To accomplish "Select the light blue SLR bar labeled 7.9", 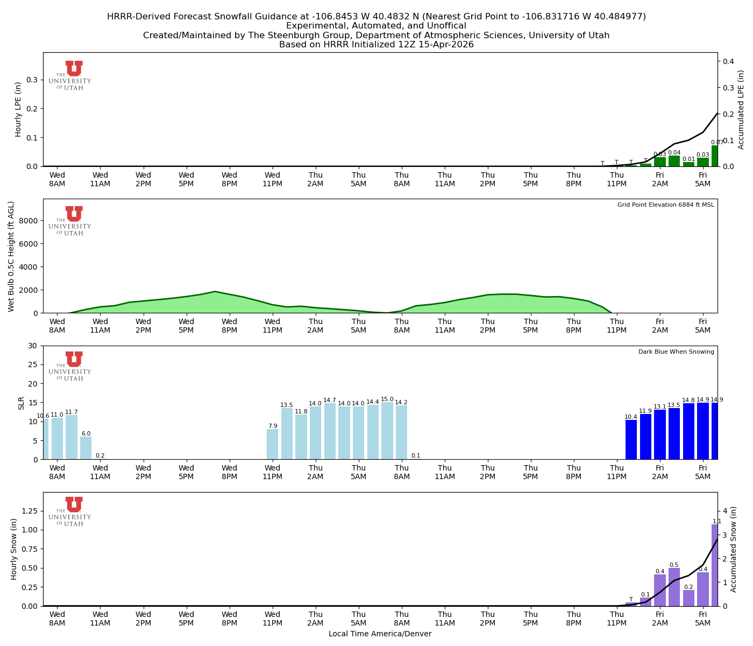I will pyautogui.click(x=273, y=444).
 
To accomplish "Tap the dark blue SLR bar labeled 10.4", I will pyautogui.click(x=631, y=439).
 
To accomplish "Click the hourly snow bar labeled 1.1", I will pyautogui.click(x=715, y=565).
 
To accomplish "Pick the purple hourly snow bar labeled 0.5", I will pyautogui.click(x=674, y=587).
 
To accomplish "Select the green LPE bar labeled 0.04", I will pyautogui.click(x=674, y=161).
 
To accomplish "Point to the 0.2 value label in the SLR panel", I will pyautogui.click(x=100, y=456).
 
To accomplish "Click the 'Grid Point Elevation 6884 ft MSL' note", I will pyautogui.click(x=665, y=205).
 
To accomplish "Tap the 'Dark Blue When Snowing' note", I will pyautogui.click(x=676, y=352).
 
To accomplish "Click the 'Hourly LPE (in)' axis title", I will pyautogui.click(x=18, y=109).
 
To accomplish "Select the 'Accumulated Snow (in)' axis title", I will pyautogui.click(x=733, y=549).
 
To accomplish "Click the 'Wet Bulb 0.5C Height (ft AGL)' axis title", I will pyautogui.click(x=11, y=256).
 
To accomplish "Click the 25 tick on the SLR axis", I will pyautogui.click(x=35, y=364).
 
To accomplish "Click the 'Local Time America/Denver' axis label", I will pyautogui.click(x=380, y=634).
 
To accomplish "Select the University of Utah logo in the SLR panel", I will pyautogui.click(x=70, y=366).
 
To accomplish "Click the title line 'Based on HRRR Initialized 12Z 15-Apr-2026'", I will pyautogui.click(x=376, y=45).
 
